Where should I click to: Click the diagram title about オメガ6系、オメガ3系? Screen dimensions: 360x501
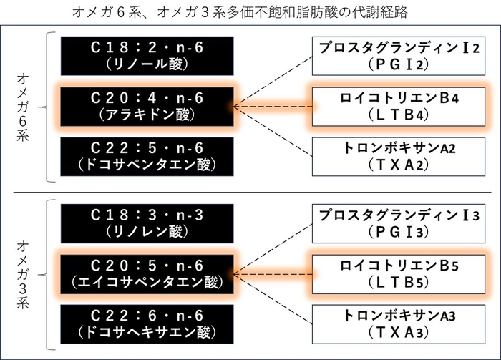pos(250,12)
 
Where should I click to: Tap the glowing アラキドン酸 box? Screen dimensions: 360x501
pos(147,107)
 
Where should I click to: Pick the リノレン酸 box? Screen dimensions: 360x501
pos(147,223)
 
